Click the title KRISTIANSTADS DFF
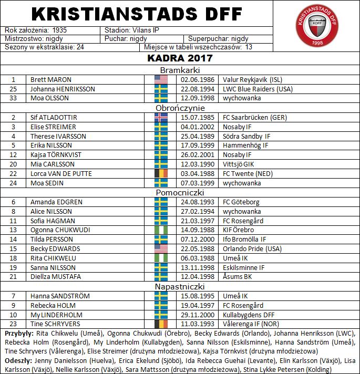pyautogui.click(x=137, y=13)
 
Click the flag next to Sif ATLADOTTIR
pyautogui.click(x=161, y=118)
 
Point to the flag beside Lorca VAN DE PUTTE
pyautogui.click(x=161, y=173)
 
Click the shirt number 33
pyautogui.click(x=14, y=99)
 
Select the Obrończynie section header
pyautogui.click(x=179, y=108)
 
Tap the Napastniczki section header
pyautogui.click(x=179, y=287)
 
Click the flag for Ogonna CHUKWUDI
pyautogui.click(x=161, y=230)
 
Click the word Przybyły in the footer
pyautogui.click(x=19, y=334)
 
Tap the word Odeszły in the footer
pyautogui.click(x=18, y=361)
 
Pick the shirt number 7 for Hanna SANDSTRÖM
pyautogui.click(x=14, y=296)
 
